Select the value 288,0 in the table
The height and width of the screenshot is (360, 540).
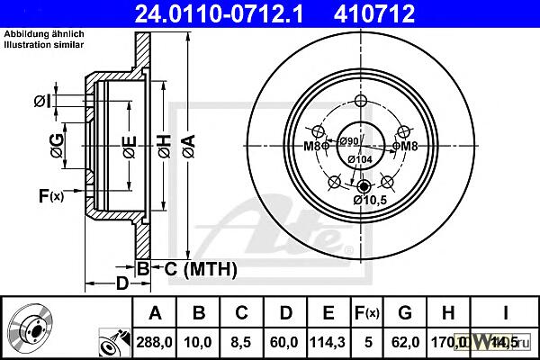pos(157,343)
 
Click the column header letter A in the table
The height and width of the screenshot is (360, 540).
pos(157,314)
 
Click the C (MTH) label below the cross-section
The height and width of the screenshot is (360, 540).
pos(200,267)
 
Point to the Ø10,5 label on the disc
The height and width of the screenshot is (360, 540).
pos(370,200)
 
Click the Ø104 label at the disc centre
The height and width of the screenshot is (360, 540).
pos(360,158)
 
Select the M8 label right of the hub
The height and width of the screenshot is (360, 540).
pos(409,146)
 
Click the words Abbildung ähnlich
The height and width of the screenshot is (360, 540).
pos(33,33)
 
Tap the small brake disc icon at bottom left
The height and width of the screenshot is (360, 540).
pos(34,328)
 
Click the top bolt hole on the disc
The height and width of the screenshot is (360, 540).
pos(362,100)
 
